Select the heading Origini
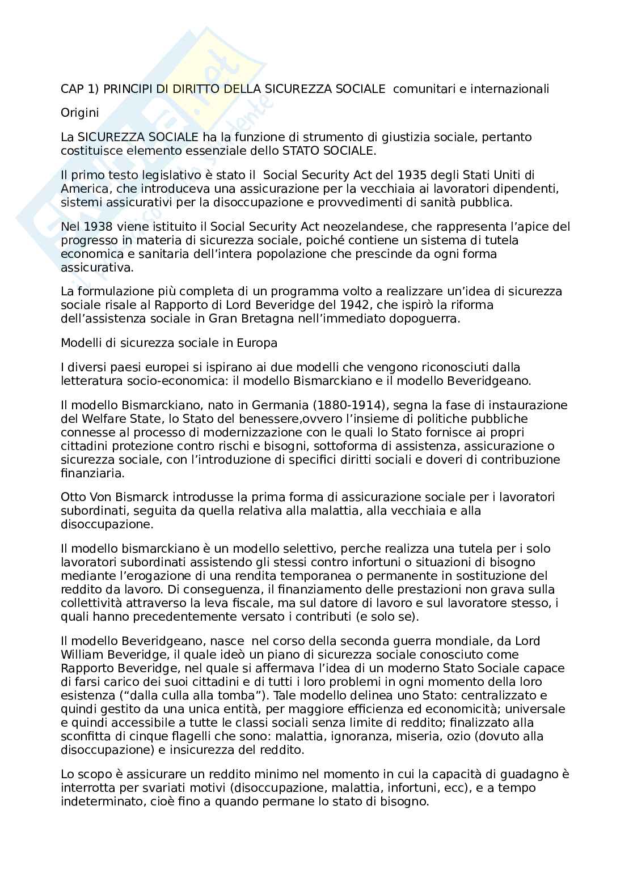click(80, 113)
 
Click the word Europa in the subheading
click(259, 343)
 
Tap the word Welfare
click(96, 419)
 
